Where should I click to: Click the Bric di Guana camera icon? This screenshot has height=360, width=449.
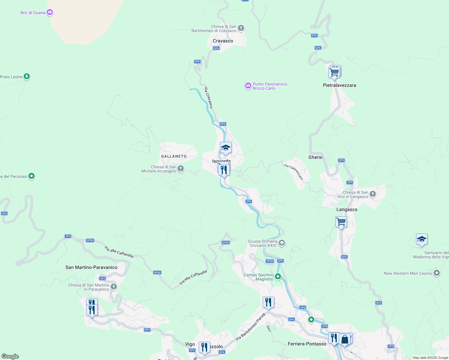(x=50, y=12)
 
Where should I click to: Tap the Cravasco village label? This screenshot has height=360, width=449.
(x=223, y=41)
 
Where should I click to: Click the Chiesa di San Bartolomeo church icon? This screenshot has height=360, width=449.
(x=241, y=28)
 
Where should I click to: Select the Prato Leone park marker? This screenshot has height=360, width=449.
(x=27, y=76)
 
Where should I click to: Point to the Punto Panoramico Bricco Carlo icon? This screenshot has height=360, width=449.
(x=248, y=86)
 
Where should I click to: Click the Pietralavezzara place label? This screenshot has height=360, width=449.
(x=339, y=85)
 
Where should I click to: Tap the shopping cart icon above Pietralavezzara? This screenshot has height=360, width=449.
(x=334, y=72)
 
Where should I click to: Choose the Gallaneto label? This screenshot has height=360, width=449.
(x=174, y=156)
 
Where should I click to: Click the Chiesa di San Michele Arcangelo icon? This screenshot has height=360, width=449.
(x=181, y=169)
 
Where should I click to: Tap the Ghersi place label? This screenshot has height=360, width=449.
(x=315, y=157)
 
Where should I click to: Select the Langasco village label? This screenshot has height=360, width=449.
(x=347, y=209)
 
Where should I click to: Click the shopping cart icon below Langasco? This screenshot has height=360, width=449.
(x=341, y=222)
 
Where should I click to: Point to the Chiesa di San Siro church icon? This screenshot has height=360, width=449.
(x=372, y=194)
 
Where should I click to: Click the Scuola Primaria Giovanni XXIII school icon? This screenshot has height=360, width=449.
(x=282, y=243)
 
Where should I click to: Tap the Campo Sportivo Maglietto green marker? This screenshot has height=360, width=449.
(x=278, y=277)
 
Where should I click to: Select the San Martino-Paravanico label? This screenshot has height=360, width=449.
(x=91, y=267)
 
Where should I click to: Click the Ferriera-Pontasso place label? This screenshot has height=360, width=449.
(x=307, y=344)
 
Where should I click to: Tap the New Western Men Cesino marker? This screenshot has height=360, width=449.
(x=437, y=273)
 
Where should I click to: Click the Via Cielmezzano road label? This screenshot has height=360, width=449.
(x=294, y=172)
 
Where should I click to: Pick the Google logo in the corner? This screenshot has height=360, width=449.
(x=11, y=356)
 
